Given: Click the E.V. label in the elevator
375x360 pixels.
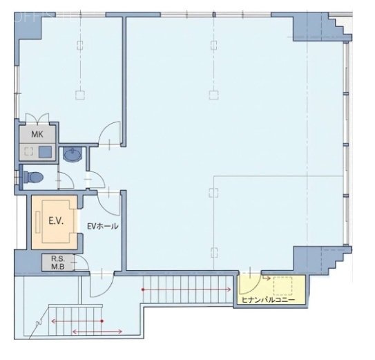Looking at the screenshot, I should (55, 222).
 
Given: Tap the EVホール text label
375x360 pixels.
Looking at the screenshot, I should (102, 227).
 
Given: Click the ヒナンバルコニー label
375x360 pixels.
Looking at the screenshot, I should (267, 300).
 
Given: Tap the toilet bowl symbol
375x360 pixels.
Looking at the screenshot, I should (34, 178).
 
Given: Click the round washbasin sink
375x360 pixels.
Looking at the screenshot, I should (71, 155).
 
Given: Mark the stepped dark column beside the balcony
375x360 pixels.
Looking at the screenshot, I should (318, 259).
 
